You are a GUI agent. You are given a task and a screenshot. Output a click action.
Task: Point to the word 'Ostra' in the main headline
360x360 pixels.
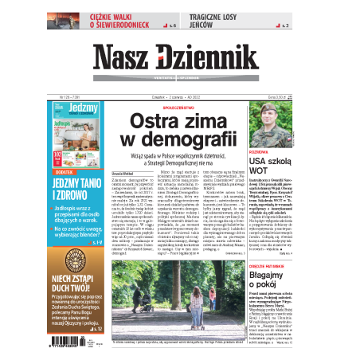(163, 121)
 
